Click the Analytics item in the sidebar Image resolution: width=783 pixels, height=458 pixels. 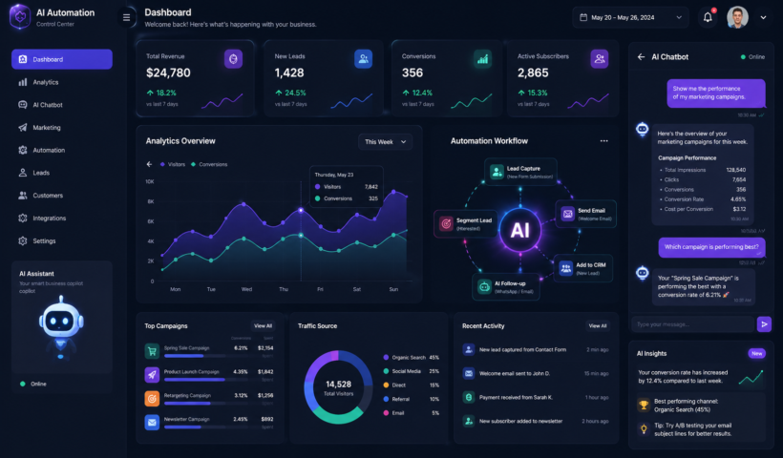click(45, 82)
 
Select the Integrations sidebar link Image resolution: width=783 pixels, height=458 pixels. click(49, 218)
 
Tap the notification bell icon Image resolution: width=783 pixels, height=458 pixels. click(708, 16)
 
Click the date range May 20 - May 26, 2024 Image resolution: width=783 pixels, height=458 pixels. click(630, 17)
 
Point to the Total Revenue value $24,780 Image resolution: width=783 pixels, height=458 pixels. click(168, 73)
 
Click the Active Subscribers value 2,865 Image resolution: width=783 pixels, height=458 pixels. click(533, 73)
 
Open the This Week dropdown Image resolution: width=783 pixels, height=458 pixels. click(386, 141)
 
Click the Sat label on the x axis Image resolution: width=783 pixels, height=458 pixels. click(356, 288)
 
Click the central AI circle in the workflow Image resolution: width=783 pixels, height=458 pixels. click(519, 230)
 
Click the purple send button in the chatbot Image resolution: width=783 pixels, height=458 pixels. click(764, 323)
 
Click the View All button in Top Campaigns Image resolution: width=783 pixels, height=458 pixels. click(263, 325)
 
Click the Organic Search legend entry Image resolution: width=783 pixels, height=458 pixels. click(409, 357)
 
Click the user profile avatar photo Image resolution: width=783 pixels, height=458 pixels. click(737, 17)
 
